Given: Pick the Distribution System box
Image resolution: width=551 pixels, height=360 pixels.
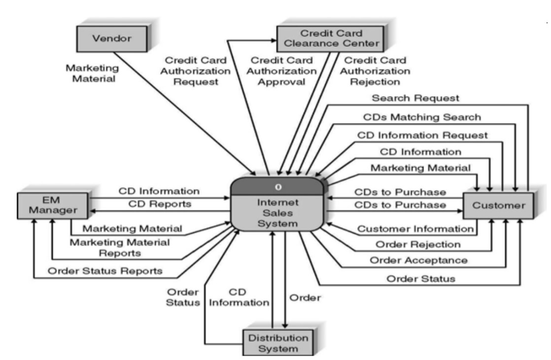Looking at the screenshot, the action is (279, 343).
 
